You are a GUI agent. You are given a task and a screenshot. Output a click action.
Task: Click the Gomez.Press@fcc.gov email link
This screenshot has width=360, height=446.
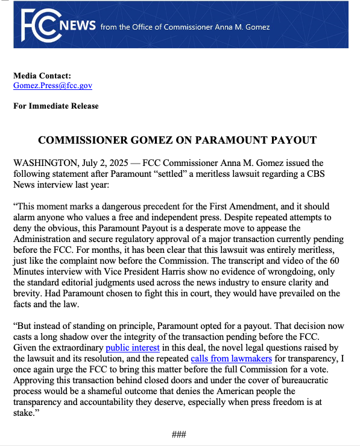[x=52, y=86]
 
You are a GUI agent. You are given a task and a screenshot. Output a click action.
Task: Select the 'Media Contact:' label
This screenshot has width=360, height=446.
[x=42, y=76]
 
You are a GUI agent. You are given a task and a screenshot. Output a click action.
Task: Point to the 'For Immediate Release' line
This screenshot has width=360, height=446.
[x=56, y=106]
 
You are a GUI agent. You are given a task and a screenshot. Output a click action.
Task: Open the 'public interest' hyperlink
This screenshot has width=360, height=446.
[x=133, y=348]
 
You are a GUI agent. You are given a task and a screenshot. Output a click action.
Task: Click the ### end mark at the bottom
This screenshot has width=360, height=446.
[x=180, y=435]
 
